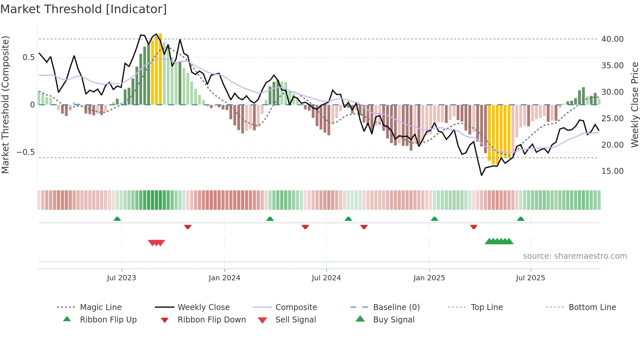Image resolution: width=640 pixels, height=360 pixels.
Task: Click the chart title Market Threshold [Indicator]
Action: point(84,9)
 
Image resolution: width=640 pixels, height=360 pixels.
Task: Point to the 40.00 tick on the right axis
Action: point(612,39)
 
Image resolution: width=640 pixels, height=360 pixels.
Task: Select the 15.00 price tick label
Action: point(612,171)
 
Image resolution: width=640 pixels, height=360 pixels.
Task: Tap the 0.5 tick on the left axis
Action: point(28,57)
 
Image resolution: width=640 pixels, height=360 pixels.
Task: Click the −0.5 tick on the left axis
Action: point(25,152)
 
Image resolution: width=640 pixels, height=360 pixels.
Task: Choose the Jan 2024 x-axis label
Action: point(224,278)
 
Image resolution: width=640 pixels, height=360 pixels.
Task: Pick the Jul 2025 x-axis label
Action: point(530,278)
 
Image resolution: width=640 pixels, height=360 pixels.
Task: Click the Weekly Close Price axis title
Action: point(634,105)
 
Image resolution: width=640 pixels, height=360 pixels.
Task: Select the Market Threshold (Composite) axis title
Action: point(5,105)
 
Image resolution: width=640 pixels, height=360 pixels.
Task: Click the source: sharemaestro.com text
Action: point(575,256)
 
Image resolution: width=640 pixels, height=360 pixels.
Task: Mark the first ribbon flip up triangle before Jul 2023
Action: point(117,219)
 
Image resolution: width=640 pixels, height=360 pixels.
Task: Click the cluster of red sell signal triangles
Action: point(156,243)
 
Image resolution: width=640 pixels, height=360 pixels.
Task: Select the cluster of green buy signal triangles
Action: point(499,241)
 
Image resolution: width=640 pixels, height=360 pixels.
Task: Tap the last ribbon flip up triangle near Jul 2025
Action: point(520,219)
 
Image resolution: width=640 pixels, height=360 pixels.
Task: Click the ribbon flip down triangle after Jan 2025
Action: point(473,227)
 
